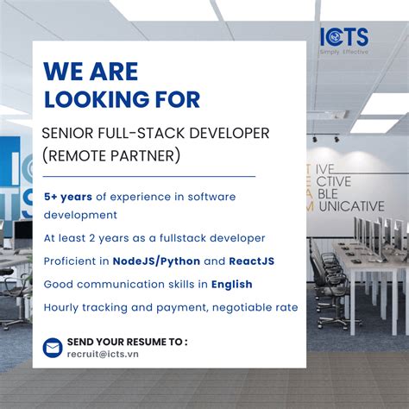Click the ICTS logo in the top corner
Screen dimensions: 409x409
[343, 37]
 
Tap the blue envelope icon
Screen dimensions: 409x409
[53, 347]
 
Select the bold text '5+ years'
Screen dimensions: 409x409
[68, 197]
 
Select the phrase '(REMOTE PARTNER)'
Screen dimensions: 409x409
[111, 156]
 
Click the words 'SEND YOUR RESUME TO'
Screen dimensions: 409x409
[126, 341]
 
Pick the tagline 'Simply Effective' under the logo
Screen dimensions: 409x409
[343, 53]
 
